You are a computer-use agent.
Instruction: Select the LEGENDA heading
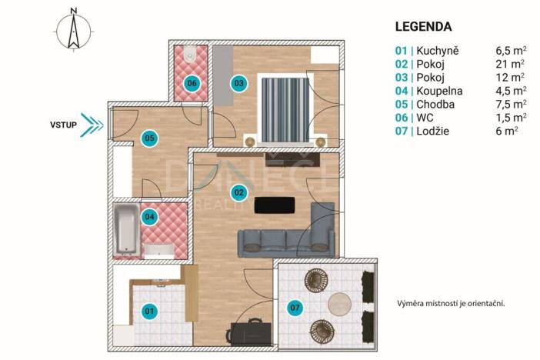coord(423,26)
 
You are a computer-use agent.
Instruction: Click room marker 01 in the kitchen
coord(149,311)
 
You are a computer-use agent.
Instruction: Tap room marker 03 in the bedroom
coord(238,83)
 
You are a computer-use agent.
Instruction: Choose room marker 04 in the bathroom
coord(149,217)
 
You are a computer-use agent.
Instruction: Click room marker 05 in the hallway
coord(149,138)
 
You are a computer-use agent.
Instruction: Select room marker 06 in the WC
coord(192,83)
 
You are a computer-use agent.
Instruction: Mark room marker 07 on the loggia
coord(294,309)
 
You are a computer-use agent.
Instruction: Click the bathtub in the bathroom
coord(126,228)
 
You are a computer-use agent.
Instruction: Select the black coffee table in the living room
coord(275,205)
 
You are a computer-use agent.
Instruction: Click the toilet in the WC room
coord(189,55)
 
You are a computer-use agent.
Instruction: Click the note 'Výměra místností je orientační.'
coord(455,303)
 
